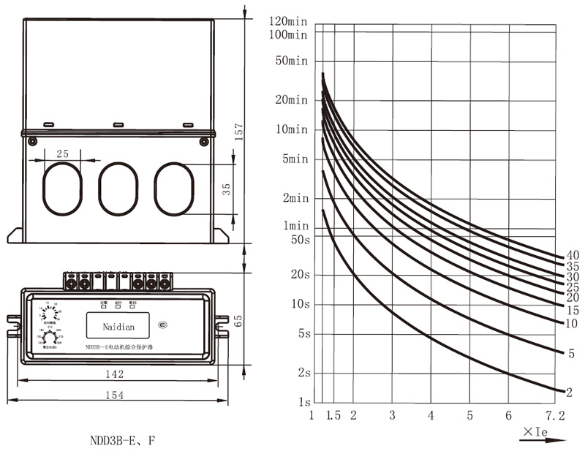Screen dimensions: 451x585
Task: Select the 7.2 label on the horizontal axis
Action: [555, 416]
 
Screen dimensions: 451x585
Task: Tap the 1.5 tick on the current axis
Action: [333, 416]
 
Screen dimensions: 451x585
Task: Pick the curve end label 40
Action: [573, 255]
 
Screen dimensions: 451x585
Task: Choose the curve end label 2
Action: [568, 393]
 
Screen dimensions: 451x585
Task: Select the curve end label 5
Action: [570, 354]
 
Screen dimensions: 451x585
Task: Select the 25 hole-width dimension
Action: [62, 153]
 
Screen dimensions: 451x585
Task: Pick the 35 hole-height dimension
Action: [227, 188]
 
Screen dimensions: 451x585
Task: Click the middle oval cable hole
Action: [118, 189]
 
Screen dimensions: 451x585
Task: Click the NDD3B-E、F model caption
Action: [122, 441]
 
